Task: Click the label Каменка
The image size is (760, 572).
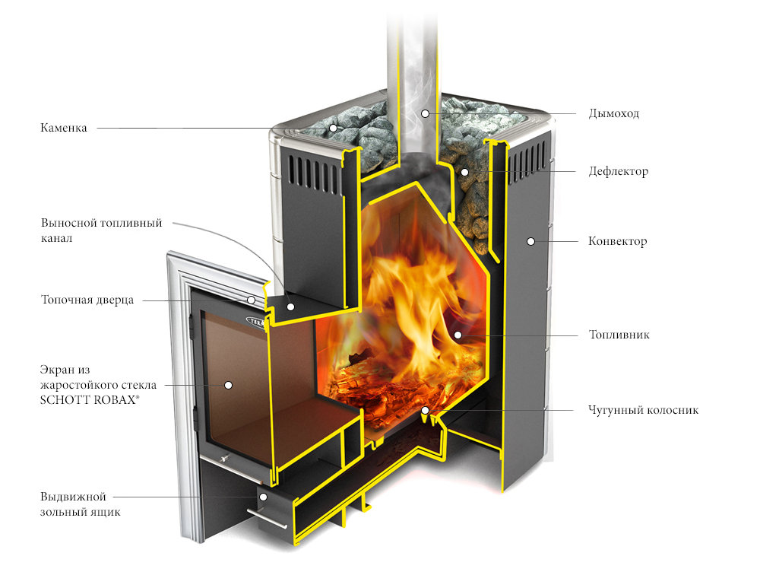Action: [64, 129]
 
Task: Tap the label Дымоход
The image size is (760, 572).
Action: [613, 114]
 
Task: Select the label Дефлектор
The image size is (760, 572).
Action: [618, 172]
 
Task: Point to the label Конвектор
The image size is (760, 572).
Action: [617, 242]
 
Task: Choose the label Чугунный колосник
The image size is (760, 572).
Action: [643, 411]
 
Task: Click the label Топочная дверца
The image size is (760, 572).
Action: [87, 300]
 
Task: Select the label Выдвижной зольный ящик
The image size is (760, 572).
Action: [81, 504]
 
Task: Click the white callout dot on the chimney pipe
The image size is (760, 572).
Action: [426, 113]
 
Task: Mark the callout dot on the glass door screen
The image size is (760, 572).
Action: [227, 385]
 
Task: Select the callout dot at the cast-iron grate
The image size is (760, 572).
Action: [426, 411]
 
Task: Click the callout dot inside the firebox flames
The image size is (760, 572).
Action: [458, 335]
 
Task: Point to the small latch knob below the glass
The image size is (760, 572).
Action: [224, 459]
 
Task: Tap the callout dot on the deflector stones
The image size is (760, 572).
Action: [464, 172]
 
